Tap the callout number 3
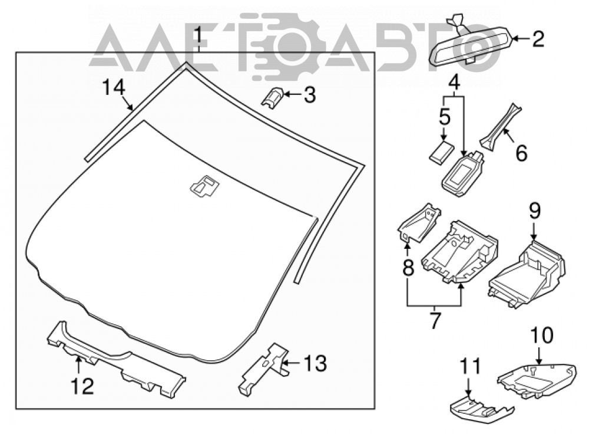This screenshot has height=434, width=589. point(309,95)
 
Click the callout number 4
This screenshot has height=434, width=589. point(454,82)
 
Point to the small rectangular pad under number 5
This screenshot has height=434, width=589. point(441,152)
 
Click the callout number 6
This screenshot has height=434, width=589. point(521,152)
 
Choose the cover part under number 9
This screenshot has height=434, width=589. point(527,272)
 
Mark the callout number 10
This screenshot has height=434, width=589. point(542,336)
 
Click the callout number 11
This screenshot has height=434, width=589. point(469,366)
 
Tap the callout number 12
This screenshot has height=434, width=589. point(82,386)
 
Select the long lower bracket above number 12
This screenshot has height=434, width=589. point(116,361)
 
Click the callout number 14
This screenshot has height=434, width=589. point(114,88)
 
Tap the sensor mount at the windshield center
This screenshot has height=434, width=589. point(205,185)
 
